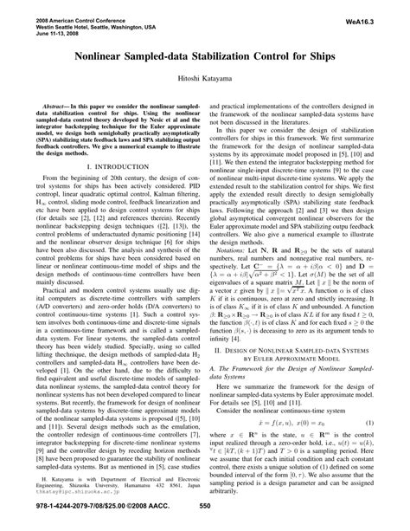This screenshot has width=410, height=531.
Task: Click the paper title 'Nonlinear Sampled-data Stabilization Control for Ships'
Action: tap(205, 55)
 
